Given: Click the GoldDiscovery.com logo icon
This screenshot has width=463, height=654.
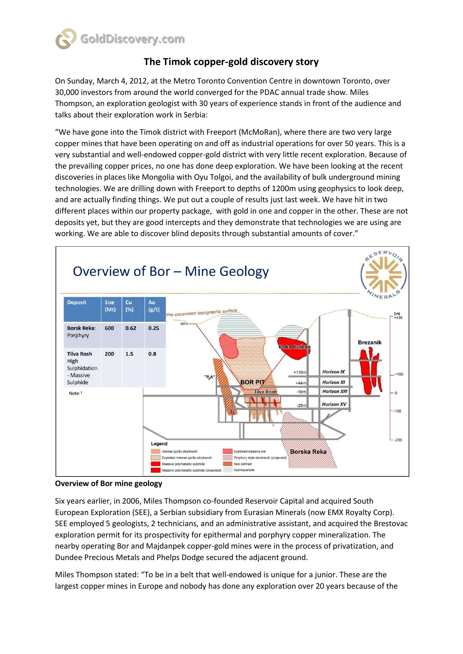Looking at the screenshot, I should pos(66,39).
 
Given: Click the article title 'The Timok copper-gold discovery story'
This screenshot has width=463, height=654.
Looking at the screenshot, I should pos(231,62).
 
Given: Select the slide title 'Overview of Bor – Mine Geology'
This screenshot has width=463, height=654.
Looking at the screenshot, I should pos(171,272).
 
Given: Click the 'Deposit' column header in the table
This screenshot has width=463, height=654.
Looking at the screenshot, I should pos(77,302).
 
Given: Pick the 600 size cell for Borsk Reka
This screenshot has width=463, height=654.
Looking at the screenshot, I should pos(109,328).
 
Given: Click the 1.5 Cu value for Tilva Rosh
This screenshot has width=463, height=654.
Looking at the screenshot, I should pos(129,354).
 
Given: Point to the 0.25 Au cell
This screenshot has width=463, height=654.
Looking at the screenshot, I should pos(154,328).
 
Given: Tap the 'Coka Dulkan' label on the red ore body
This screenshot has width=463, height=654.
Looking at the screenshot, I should pos(294,347).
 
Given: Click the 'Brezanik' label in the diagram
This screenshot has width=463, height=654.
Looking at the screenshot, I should pos(370,342).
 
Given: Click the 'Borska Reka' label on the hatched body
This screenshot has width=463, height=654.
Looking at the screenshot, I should pos(308,452).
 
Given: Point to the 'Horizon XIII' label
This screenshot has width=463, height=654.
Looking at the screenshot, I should pos(335,391).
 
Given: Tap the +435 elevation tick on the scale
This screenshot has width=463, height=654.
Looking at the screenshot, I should pos(398,317).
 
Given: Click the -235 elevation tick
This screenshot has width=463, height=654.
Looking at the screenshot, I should pos(398,440).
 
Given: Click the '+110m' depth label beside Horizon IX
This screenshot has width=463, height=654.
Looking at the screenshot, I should pos(300,372).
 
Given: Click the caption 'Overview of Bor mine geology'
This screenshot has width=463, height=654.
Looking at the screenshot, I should pos(108,484).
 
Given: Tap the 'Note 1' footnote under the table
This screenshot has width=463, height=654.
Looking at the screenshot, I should pos(75,393).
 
